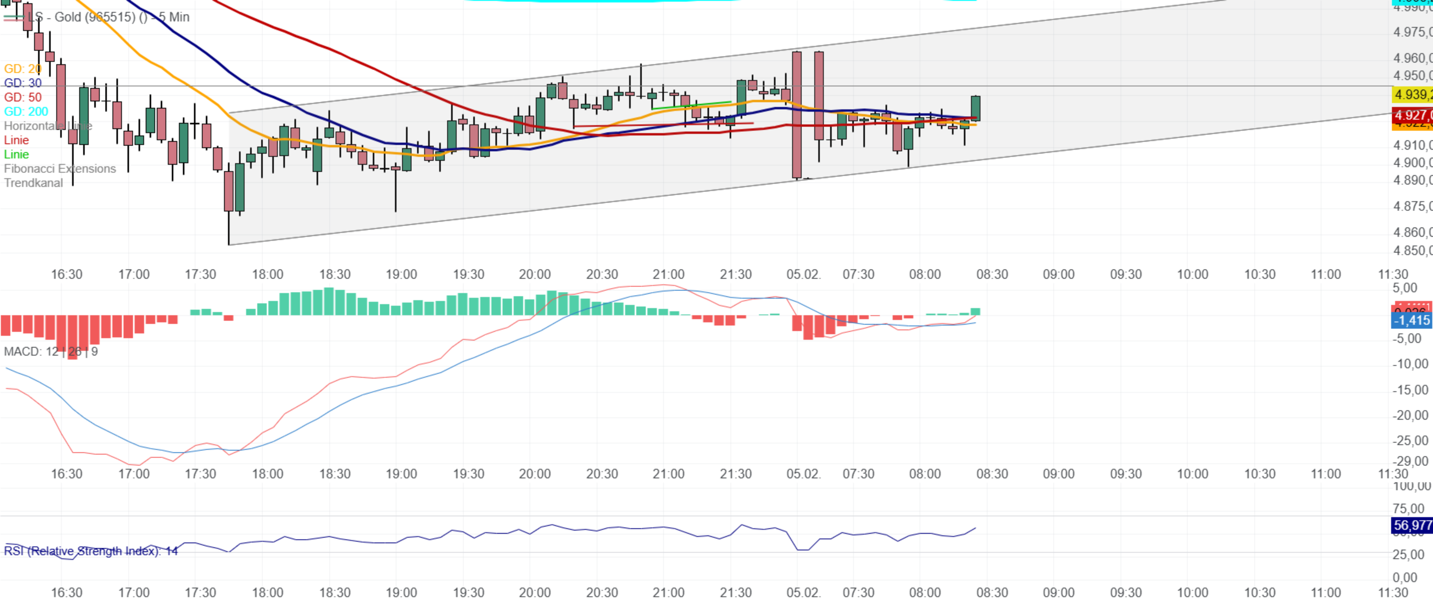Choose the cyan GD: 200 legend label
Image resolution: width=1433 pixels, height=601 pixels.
point(26,111)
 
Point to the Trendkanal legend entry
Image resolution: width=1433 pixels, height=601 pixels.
point(33,183)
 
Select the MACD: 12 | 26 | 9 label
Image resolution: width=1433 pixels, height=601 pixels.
point(51,352)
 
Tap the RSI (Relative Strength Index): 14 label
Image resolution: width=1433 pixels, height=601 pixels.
point(91,551)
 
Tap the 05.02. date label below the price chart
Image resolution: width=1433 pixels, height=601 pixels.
point(803,274)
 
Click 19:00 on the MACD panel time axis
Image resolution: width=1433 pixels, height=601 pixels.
point(401,474)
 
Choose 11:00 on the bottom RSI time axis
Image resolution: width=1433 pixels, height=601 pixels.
point(1326,593)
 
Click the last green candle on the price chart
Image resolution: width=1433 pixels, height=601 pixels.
point(976,108)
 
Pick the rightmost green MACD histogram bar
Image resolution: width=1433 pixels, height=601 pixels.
point(976,312)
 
